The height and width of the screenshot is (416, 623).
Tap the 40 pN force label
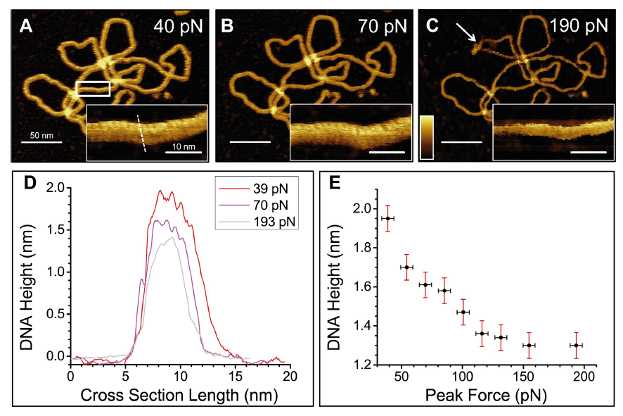coord(178,27)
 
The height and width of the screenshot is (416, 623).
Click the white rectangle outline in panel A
coord(93,88)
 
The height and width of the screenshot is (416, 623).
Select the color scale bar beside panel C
coord(427,139)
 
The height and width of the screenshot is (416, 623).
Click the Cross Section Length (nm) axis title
coord(179,396)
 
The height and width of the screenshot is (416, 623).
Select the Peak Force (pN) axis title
coord(486,396)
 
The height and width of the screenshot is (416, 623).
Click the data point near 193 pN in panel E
coord(576,345)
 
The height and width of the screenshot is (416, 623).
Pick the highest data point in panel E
coord(387,218)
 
